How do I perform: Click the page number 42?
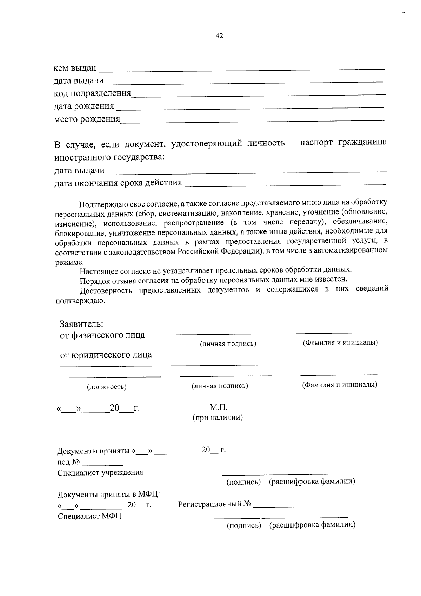[219, 36]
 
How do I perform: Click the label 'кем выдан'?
[75, 67]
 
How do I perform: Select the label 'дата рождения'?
[84, 106]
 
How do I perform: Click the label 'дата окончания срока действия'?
[118, 183]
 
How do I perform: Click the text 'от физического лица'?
[102, 335]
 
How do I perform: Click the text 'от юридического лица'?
[106, 355]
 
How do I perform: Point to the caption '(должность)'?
[107, 387]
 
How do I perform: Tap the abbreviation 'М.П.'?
[219, 407]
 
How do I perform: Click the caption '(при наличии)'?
[218, 418]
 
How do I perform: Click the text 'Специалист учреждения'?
[100, 473]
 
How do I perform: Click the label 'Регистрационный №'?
[215, 504]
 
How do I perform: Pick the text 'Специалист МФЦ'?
[89, 516]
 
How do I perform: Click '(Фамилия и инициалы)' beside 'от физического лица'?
[340, 343]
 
